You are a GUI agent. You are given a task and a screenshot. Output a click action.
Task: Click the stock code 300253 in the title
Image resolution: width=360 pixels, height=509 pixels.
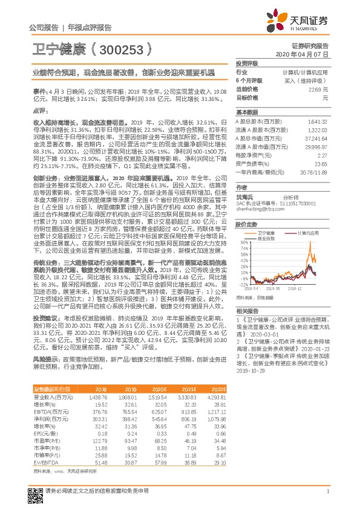click(120, 48)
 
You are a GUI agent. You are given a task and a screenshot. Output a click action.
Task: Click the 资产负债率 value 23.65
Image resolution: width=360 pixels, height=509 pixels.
click(320, 163)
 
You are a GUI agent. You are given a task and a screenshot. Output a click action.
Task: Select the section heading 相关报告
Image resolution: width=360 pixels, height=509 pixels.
click(246, 309)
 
